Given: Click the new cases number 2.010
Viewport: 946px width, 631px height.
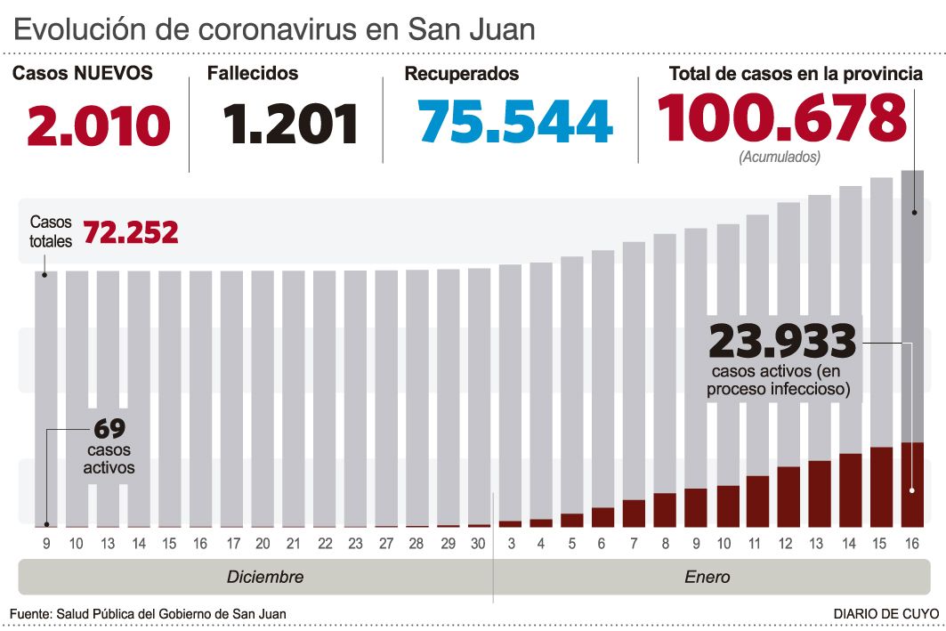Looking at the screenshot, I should coord(99,125).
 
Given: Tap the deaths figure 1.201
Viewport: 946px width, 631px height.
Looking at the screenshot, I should coord(290,125).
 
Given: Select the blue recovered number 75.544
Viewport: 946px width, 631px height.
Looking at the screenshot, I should coord(515,122).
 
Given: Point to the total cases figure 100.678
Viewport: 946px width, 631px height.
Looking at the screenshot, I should coord(781,119).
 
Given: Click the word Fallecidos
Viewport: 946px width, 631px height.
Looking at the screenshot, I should coord(253,74).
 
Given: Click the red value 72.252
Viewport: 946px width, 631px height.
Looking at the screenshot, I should coord(131,233).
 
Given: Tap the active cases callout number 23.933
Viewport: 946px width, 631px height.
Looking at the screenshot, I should coord(782,342).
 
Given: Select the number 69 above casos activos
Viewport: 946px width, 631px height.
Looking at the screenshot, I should coord(109,429).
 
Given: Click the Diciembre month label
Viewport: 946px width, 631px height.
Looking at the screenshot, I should coord(265,577).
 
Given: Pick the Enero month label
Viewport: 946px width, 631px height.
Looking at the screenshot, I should coord(707,577).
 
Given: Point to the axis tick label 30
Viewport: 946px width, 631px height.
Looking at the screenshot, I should coord(479,544).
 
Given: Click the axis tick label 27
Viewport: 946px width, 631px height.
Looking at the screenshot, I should coord(386,544).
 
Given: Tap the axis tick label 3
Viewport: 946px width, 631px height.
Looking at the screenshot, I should coord(510,544).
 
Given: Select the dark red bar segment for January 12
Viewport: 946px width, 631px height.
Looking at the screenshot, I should coord(788,497).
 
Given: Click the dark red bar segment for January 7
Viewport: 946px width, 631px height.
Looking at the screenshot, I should coord(634,514).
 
